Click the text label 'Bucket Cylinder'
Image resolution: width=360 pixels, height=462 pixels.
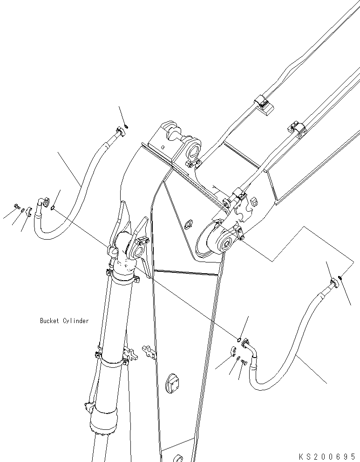(64, 321)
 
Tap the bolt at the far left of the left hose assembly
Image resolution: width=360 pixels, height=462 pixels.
(17, 206)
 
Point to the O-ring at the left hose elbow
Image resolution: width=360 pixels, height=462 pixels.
(54, 208)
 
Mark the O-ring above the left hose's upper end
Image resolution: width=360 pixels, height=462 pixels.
(127, 128)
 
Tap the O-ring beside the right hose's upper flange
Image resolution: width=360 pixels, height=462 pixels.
(341, 278)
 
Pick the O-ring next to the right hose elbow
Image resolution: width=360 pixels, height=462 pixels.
(238, 339)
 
